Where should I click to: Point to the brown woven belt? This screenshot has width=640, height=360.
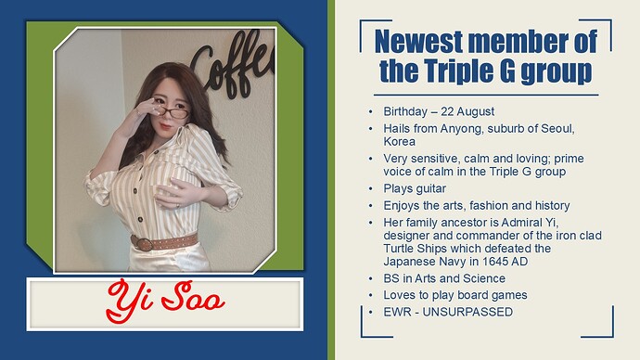pos(165,243)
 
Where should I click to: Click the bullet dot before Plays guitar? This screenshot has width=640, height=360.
pos(372,188)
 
